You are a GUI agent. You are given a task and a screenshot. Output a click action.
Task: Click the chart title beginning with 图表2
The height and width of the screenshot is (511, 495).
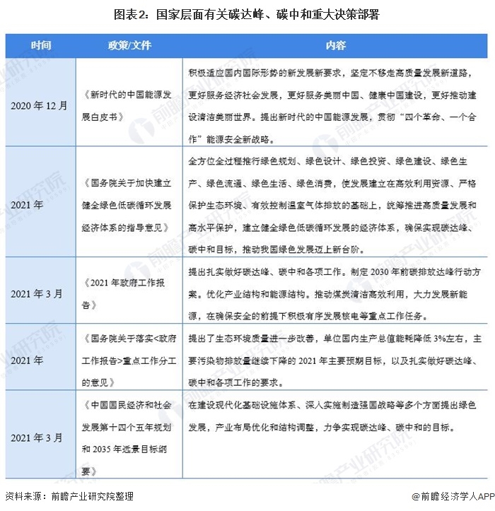point(248,13)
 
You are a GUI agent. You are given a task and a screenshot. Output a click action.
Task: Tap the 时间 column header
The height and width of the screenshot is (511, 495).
point(40,46)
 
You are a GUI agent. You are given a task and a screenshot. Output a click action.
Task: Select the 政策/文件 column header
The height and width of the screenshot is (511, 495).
point(129,46)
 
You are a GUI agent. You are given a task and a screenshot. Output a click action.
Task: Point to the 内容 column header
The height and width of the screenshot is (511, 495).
point(335,46)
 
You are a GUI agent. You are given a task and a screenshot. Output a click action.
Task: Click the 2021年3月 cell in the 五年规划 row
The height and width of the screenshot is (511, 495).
point(40,438)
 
